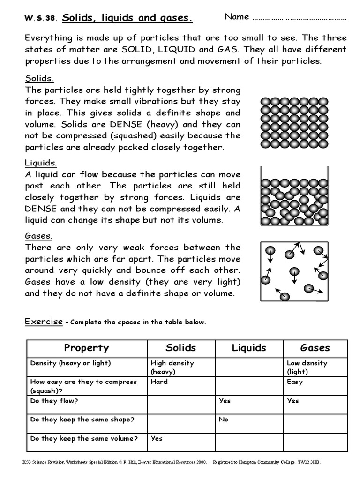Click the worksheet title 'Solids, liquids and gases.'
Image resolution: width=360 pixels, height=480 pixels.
click(127, 18)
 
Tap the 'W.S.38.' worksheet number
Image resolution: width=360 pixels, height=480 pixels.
click(41, 19)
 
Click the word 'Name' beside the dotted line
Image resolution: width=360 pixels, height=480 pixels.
click(237, 17)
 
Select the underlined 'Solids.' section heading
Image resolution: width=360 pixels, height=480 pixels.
click(39, 78)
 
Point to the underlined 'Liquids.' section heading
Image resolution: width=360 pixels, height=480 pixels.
click(41, 163)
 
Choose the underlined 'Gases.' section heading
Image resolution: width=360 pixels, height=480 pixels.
click(38, 236)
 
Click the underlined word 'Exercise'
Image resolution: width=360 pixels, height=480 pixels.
click(44, 322)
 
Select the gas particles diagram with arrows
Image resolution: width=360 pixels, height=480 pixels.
click(294, 271)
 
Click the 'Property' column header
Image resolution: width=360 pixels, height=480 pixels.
click(86, 348)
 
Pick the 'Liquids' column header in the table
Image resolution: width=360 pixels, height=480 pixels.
click(249, 348)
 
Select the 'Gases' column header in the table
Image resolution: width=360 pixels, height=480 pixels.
click(315, 348)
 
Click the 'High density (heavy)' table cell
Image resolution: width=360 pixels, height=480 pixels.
click(172, 367)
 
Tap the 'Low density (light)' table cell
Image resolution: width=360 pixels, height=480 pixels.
click(307, 367)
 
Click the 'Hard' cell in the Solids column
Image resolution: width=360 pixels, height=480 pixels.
click(158, 382)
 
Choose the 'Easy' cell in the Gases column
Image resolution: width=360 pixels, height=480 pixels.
click(294, 382)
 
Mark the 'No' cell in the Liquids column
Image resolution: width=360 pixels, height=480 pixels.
click(224, 420)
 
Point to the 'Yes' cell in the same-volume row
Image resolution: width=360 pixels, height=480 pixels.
click(157, 438)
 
